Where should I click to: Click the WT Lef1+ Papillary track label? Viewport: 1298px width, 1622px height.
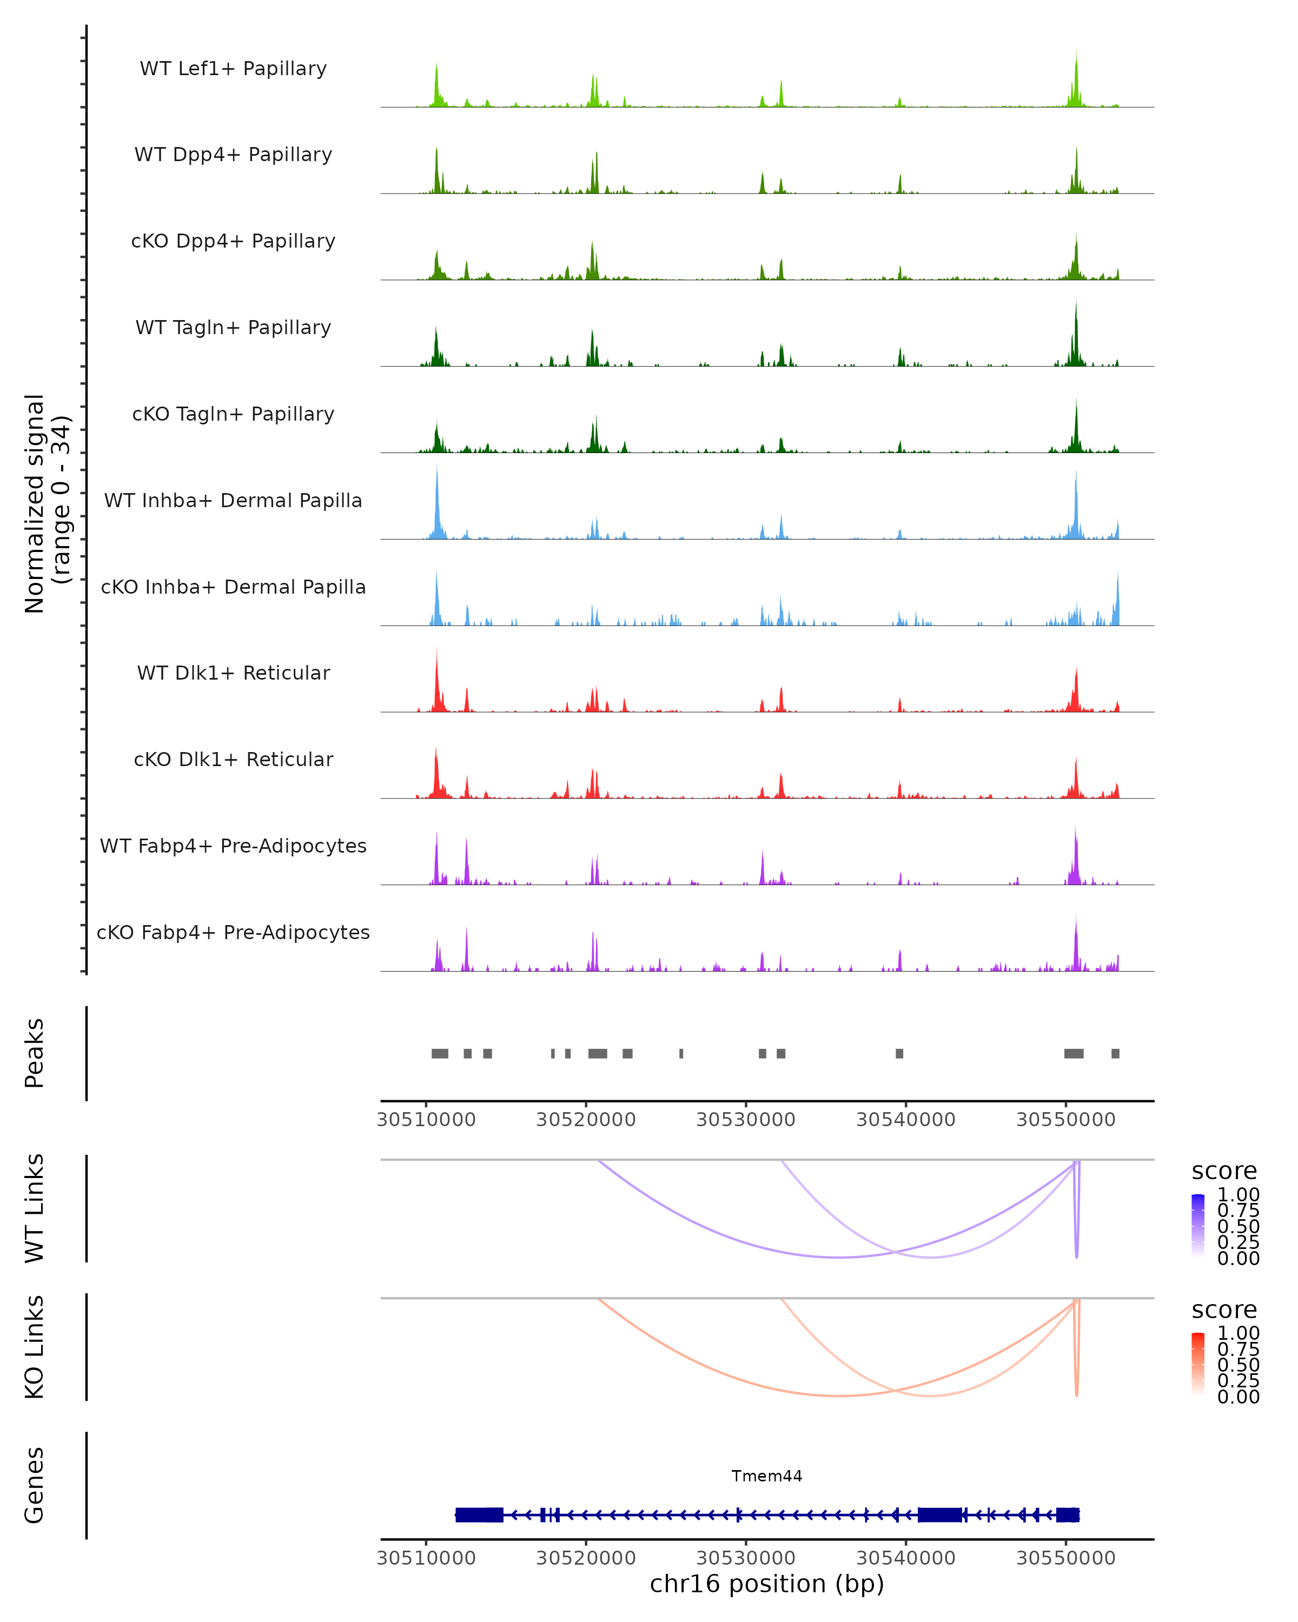pos(233,69)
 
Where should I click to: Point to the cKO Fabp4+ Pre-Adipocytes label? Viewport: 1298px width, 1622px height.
pos(233,932)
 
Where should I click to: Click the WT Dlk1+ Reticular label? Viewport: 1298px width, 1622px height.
pos(233,673)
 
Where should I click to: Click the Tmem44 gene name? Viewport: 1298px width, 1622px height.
pos(767,1476)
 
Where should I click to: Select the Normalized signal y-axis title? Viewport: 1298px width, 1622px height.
pos(47,503)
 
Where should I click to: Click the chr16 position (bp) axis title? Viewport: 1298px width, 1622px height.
pos(767,1584)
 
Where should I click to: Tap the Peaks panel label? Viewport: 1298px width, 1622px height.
pos(35,1053)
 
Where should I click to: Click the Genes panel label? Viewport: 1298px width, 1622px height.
pos(35,1485)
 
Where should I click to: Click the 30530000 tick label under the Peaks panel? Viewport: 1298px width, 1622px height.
pos(746,1120)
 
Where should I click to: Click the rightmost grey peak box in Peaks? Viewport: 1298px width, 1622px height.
pos(1115,1053)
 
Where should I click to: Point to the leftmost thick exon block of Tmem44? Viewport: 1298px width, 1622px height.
pos(479,1514)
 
